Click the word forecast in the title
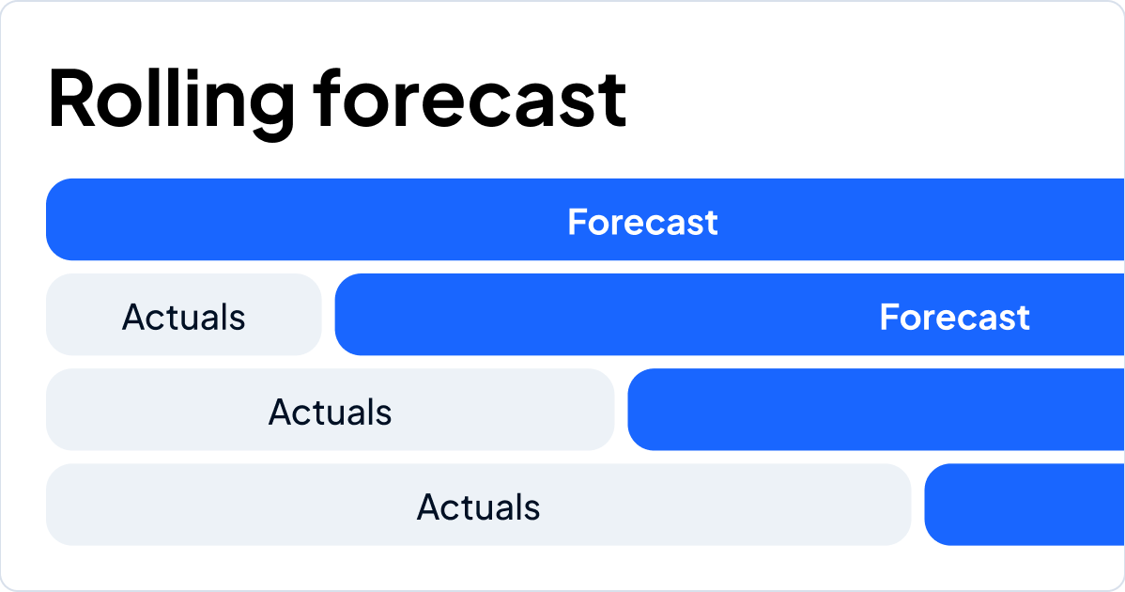(x=470, y=99)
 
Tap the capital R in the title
(x=71, y=99)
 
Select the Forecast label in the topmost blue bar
(x=642, y=223)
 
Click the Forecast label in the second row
(x=954, y=318)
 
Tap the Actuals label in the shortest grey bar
(x=183, y=318)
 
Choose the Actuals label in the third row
(x=330, y=413)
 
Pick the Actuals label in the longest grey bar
(x=478, y=507)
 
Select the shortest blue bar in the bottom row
(x=1024, y=505)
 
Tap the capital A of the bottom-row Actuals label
(x=428, y=507)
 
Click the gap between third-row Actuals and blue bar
(x=621, y=410)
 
